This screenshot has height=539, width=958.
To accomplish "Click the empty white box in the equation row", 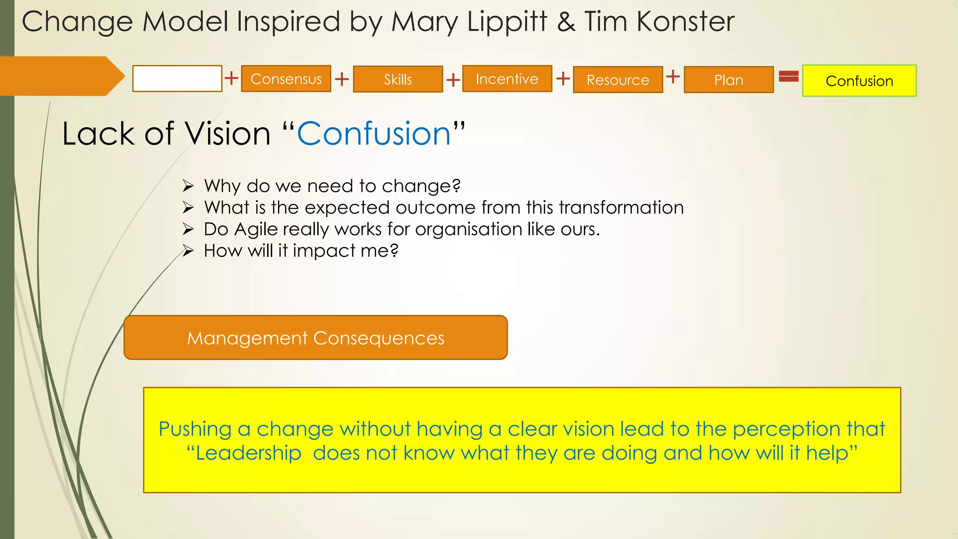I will pyautogui.click(x=177, y=79).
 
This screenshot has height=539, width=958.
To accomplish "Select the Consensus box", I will pyautogui.click(x=286, y=79).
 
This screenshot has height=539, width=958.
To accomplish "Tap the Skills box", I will pyautogui.click(x=398, y=79).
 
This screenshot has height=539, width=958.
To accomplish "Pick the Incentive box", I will pyautogui.click(x=507, y=79).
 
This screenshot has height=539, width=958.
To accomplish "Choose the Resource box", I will pyautogui.click(x=617, y=80).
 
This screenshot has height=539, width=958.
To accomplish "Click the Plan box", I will pyautogui.click(x=728, y=80).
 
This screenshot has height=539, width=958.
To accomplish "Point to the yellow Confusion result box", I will pyautogui.click(x=859, y=80).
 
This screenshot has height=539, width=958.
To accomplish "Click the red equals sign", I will pyautogui.click(x=788, y=76).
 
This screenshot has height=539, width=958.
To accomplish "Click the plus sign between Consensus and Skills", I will pyautogui.click(x=342, y=79).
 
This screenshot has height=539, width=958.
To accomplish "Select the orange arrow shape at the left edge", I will pyautogui.click(x=61, y=76).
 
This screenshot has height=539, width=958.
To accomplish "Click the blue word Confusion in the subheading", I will pyautogui.click(x=374, y=134).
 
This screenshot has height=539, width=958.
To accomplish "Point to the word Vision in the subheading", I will pyautogui.click(x=227, y=134).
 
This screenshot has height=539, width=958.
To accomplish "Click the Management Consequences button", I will pyautogui.click(x=315, y=337).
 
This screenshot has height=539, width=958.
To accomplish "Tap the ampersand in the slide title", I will pyautogui.click(x=566, y=22).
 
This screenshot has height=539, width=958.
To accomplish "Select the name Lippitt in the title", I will pyautogui.click(x=507, y=22).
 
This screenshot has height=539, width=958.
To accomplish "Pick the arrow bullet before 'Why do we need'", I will pyautogui.click(x=188, y=186).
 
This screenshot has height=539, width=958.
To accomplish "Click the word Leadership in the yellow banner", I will pyautogui.click(x=248, y=453).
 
